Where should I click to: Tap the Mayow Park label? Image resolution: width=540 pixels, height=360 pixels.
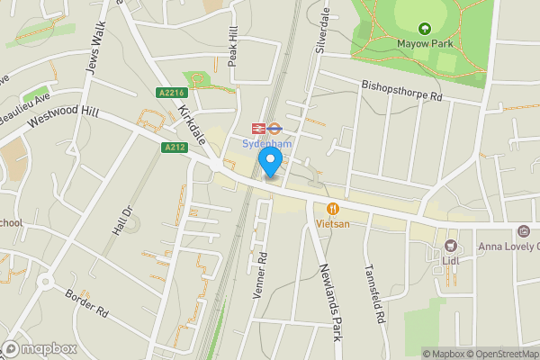(424, 42)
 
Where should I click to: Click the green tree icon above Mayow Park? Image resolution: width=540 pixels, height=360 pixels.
(425, 28)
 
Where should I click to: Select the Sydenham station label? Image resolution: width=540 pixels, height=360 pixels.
(266, 142)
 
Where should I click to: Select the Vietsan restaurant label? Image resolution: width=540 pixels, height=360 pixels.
(332, 223)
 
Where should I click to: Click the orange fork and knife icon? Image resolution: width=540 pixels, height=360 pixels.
(332, 209)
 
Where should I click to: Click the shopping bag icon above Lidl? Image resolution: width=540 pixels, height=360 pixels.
(451, 246)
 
